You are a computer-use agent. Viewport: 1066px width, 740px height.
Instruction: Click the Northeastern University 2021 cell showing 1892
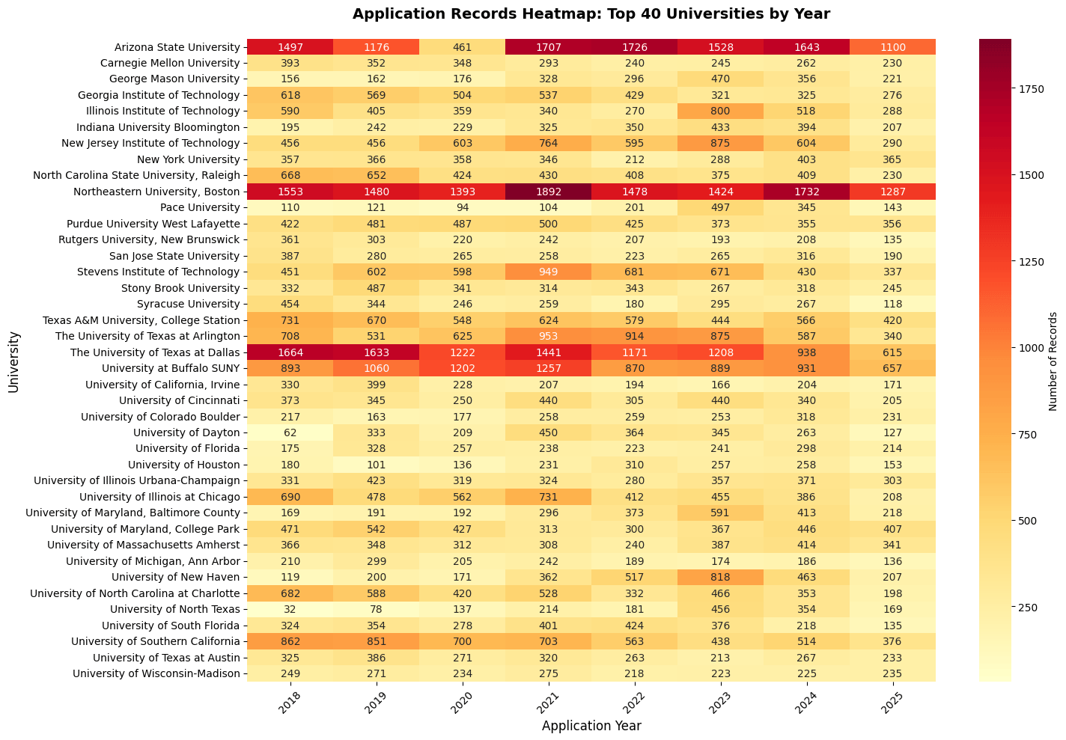coord(549,192)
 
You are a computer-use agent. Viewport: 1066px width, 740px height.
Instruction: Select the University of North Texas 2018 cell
coord(290,609)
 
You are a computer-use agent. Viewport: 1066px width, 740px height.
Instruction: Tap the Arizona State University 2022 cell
coord(634,46)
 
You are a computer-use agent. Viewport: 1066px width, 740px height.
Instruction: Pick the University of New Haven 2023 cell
coord(720,577)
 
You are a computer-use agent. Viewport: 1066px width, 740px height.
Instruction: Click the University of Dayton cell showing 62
coord(290,432)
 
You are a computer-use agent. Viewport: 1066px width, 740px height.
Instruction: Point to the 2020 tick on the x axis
coord(463,698)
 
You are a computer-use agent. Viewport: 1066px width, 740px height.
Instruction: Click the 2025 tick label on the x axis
coord(892,698)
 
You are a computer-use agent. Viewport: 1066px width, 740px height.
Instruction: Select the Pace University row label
coord(210,207)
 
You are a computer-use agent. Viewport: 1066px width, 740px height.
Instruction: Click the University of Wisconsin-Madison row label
coord(156,673)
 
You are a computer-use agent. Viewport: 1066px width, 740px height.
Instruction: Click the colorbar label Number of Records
coord(1053,361)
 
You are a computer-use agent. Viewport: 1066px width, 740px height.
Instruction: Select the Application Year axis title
coord(591,725)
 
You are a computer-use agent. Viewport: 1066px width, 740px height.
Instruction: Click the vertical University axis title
coord(13,361)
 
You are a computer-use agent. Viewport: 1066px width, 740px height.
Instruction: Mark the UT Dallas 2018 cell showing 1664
coord(290,352)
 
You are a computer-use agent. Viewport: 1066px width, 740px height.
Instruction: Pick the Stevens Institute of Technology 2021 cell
coord(549,272)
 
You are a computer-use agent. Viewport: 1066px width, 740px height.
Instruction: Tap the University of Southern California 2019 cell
coord(377,641)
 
